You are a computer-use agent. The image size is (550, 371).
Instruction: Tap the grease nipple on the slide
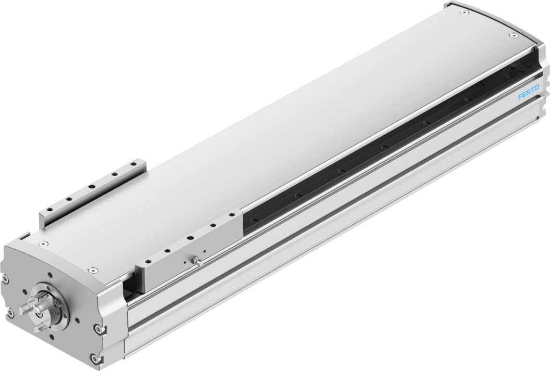pos(195,259)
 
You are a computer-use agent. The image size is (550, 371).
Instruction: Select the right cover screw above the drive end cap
pos(92,270)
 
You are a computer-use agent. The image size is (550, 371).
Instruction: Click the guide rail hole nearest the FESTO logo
pos(508,77)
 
